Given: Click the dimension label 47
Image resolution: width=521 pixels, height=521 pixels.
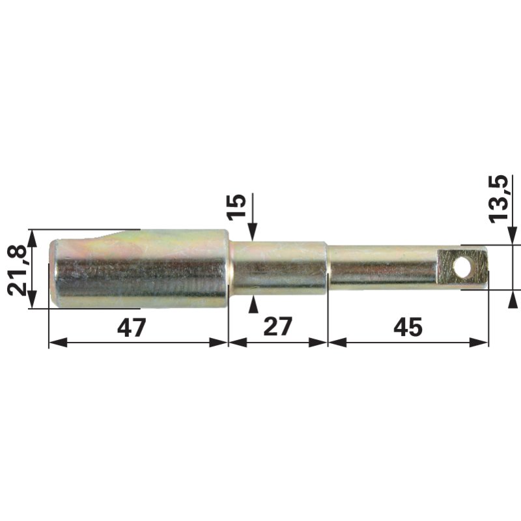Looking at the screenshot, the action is click(x=132, y=328).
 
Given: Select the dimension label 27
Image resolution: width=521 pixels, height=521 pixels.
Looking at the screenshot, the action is click(x=277, y=327).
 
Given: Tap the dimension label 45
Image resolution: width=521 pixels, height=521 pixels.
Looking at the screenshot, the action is click(x=408, y=328).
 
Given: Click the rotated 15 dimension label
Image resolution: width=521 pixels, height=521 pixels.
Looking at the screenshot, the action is click(x=236, y=207).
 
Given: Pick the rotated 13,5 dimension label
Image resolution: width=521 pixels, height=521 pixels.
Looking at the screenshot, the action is click(x=498, y=199).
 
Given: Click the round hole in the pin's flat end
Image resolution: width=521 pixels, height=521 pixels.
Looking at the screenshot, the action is click(x=463, y=268).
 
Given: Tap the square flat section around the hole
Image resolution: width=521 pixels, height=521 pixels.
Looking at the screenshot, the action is click(x=462, y=268).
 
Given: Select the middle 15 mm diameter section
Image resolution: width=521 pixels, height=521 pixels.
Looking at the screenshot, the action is click(x=279, y=268).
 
